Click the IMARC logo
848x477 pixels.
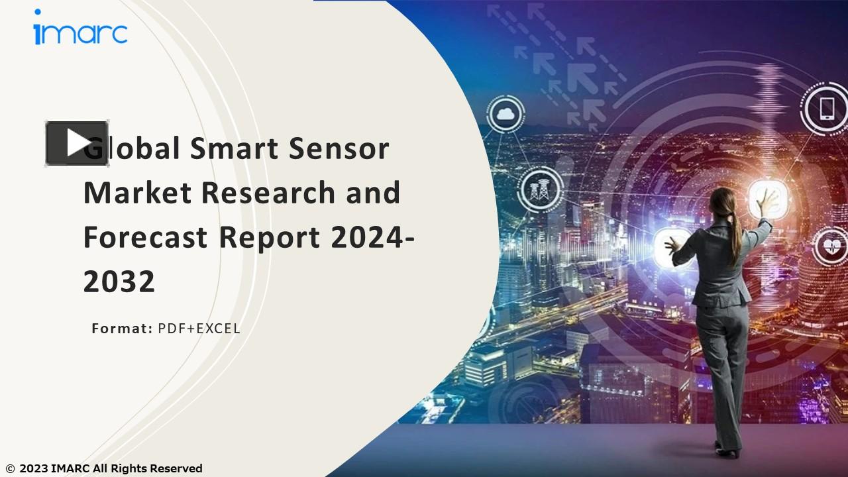click(x=80, y=29)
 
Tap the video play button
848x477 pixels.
click(x=77, y=143)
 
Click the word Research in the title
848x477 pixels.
click(x=269, y=193)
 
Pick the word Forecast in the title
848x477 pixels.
click(x=145, y=237)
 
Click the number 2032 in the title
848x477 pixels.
click(x=119, y=282)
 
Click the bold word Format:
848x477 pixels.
click(x=122, y=328)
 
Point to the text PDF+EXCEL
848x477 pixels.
click(x=199, y=328)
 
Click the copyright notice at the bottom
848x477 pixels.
click(x=104, y=468)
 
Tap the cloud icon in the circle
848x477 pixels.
click(x=506, y=115)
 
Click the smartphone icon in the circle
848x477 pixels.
click(x=827, y=108)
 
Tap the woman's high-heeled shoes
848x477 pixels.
click(x=726, y=450)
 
